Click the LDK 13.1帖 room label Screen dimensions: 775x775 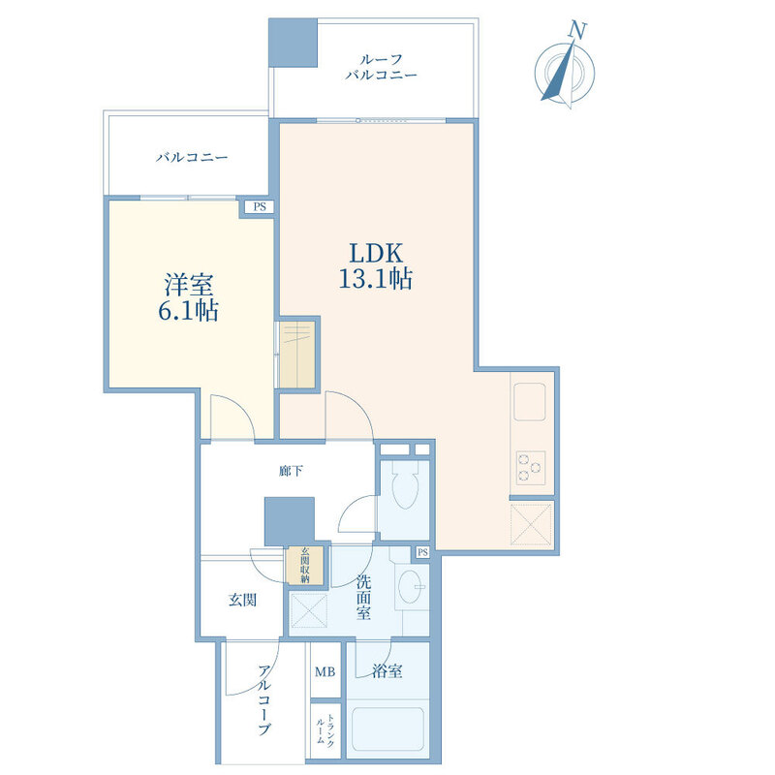[x=376, y=265]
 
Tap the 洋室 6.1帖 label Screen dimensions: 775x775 [x=188, y=297]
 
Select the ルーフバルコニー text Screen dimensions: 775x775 [x=381, y=67]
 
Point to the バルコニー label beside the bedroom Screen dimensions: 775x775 [x=192, y=158]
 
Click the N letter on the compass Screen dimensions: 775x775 [x=576, y=30]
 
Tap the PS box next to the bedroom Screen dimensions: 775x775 [x=260, y=206]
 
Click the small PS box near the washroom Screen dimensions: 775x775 [x=422, y=552]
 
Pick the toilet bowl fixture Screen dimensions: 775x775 [x=405, y=485]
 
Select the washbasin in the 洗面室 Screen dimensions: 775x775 [x=410, y=587]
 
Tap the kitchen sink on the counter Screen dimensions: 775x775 [x=529, y=401]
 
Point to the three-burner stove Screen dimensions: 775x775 [x=530, y=468]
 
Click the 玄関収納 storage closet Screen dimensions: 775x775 [x=305, y=565]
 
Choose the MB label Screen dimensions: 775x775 [x=325, y=671]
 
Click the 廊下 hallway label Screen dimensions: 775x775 [x=291, y=471]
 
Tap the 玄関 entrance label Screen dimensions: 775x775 [x=242, y=600]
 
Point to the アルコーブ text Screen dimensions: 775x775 [x=264, y=700]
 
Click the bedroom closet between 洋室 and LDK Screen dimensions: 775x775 [x=297, y=355]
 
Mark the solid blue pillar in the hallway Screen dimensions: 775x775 [x=289, y=521]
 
